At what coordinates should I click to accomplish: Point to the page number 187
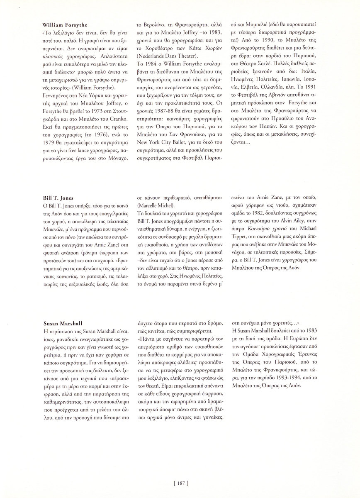pos(180,482)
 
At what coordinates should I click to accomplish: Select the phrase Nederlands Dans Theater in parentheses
pos(165,69)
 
